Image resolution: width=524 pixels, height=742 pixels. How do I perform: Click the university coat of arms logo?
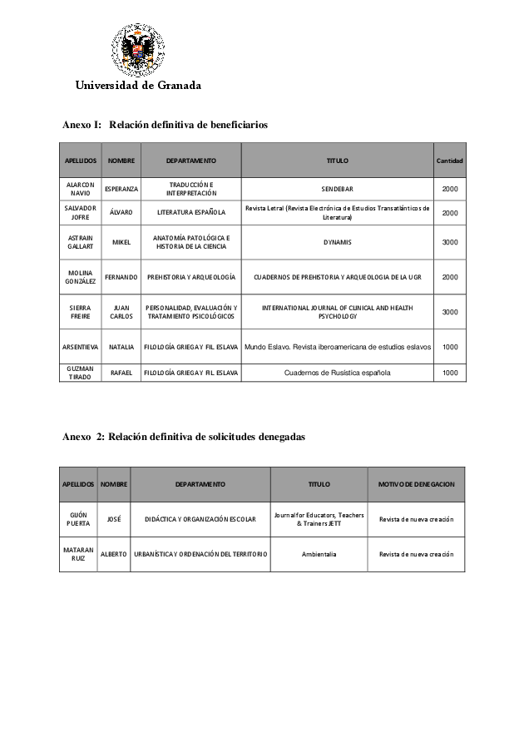pos(139,49)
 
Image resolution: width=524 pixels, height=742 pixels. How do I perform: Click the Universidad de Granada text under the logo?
pos(139,85)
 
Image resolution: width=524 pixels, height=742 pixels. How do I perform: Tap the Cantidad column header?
pos(449,160)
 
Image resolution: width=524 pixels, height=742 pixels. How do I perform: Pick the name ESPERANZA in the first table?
pos(121,190)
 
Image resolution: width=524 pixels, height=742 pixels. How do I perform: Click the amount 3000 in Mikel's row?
pos(449,242)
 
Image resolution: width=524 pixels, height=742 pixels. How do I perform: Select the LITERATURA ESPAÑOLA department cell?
pos(191,213)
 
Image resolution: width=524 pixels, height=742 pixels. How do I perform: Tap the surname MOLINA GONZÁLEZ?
pos(80,277)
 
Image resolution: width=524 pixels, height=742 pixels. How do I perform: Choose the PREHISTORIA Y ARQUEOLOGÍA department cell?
pos(191,277)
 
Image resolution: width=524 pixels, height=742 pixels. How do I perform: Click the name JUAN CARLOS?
pos(121,312)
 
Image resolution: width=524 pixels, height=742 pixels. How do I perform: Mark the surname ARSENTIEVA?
pos(80,347)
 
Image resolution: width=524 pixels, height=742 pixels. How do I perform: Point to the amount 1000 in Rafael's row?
pos(449,373)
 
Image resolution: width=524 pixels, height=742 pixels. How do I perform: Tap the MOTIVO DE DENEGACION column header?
pos(416,484)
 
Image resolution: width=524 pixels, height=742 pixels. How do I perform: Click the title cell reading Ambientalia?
pos(319,554)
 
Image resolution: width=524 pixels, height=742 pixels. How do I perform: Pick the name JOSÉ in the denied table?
pos(114,519)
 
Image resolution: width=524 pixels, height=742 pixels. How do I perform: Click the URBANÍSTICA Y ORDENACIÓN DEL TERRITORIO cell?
pos(200,554)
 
